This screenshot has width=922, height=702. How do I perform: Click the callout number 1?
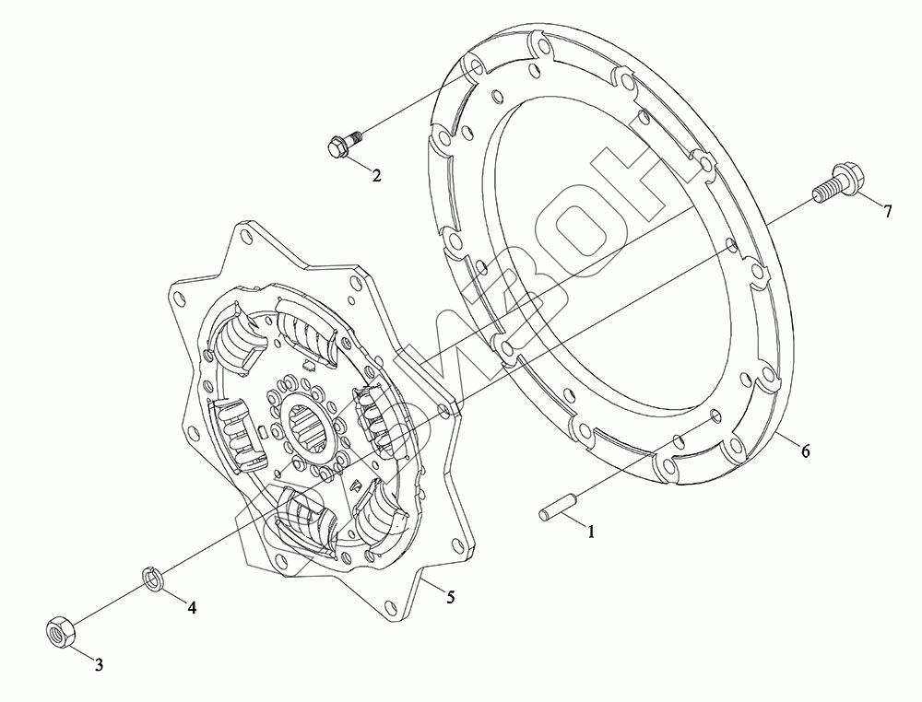pos(591,532)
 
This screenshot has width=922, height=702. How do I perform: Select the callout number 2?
pos(376,174)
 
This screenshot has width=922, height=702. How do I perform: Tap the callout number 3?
pos(99,665)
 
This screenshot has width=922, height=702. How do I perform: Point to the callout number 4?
pos(192,607)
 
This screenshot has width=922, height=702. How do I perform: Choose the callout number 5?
pos(451,597)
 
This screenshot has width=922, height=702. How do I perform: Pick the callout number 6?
pos(805,451)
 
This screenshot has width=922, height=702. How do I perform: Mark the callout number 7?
pos(887,211)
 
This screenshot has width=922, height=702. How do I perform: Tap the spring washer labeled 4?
pos(152,577)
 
